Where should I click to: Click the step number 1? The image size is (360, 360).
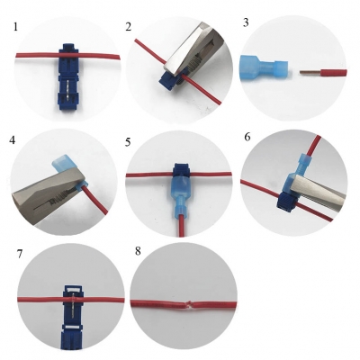(x=15, y=27)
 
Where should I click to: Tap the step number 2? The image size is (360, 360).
(x=129, y=27)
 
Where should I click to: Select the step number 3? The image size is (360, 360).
(x=246, y=22)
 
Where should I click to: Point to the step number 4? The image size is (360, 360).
(x=12, y=139)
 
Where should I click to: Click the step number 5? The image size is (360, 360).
(x=128, y=142)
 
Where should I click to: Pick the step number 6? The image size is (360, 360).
(x=247, y=137)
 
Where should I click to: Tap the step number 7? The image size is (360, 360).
(x=20, y=254)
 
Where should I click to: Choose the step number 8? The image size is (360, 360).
(x=138, y=251)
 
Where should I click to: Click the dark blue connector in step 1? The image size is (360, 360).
(x=69, y=78)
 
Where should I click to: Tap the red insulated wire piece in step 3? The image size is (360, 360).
(x=334, y=73)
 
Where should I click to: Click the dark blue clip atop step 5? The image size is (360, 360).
(x=181, y=171)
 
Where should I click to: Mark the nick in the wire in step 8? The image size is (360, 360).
(x=187, y=303)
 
